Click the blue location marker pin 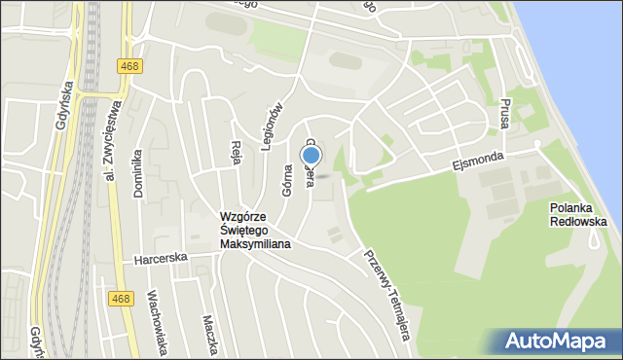[x=311, y=156]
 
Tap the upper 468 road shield [x=128, y=66]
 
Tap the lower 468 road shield [x=120, y=300]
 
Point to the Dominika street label [x=139, y=172]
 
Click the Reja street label [x=236, y=153]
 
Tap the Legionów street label [x=274, y=124]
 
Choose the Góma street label [x=288, y=180]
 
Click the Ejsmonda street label [x=477, y=161]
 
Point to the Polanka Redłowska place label [x=577, y=214]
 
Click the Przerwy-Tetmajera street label [x=386, y=292]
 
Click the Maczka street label [x=208, y=334]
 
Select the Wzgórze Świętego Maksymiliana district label [x=255, y=231]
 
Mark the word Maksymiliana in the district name [x=255, y=244]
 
